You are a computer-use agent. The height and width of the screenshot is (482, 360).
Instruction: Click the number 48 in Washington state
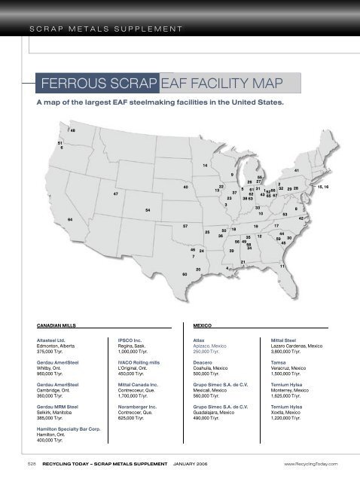[x=72, y=131]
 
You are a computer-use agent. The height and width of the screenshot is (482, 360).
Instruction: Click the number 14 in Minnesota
[x=206, y=165]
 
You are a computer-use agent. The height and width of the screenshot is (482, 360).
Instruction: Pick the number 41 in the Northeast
[x=297, y=172]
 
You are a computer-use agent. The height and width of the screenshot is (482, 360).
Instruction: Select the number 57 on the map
[x=185, y=226]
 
